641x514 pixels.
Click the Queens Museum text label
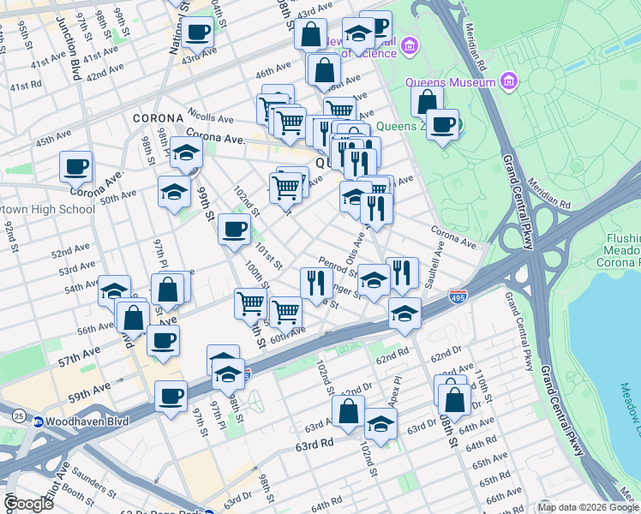point(460,82)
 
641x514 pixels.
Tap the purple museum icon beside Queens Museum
point(510,82)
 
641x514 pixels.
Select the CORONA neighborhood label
point(158,117)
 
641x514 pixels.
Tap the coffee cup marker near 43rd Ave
point(197,33)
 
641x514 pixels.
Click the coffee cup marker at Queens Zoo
point(442,125)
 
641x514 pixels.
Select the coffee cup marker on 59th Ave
point(171,397)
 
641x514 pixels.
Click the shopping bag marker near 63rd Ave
point(349,411)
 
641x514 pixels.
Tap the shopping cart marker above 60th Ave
point(285,311)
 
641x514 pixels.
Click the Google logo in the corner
point(28,504)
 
